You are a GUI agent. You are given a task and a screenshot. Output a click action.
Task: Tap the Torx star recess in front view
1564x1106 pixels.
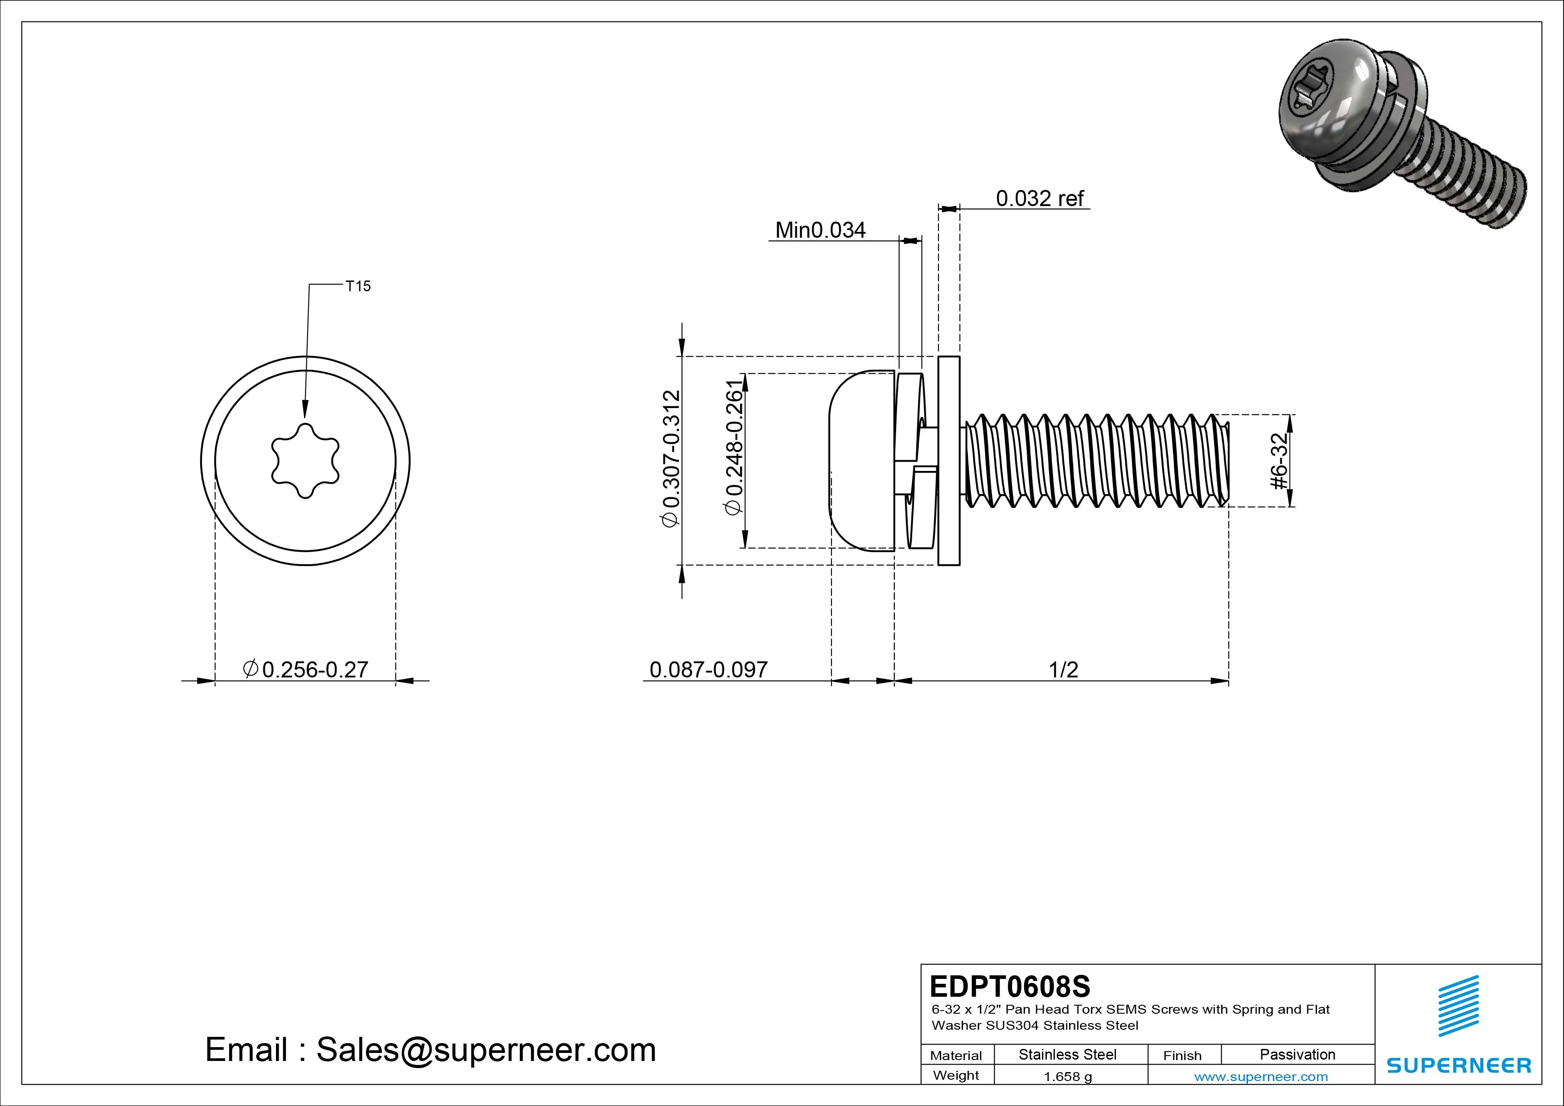[305, 461]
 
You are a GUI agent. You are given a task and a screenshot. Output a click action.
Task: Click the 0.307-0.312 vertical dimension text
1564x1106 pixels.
[671, 458]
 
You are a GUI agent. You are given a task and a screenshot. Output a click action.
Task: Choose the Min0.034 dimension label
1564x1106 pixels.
[820, 230]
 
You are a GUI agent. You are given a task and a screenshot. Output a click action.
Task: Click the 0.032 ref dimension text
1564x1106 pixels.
[1040, 198]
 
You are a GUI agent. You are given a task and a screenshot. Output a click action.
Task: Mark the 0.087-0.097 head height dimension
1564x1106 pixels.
[708, 669]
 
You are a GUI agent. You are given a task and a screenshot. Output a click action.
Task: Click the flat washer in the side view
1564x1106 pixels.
[948, 461]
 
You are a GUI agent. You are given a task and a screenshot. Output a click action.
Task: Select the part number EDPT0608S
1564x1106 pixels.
[1009, 986]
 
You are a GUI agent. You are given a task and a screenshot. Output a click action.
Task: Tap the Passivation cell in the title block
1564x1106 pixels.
[1297, 1054]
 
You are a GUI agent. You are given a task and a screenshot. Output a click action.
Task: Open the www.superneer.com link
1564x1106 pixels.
[1261, 1077]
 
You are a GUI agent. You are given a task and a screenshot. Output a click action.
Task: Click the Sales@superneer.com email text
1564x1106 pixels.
[485, 1050]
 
